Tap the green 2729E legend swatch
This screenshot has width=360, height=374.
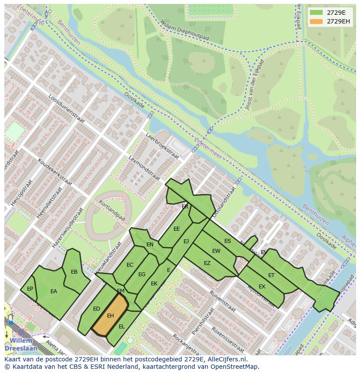(x=316, y=12)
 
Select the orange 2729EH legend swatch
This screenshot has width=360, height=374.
(x=316, y=21)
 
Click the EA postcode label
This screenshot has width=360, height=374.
(x=54, y=291)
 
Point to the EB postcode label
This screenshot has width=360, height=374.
(x=74, y=272)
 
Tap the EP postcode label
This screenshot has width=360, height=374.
(x=30, y=288)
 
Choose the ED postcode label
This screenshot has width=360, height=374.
(x=97, y=309)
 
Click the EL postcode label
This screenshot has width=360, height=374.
(x=122, y=326)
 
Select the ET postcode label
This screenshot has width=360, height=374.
(x=271, y=275)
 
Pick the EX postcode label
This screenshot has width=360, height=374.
(x=262, y=287)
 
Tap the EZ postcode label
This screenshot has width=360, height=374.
(x=207, y=263)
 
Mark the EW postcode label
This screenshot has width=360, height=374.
(x=216, y=251)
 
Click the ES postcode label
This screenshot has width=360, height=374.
(x=227, y=241)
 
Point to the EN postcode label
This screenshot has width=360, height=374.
(x=150, y=245)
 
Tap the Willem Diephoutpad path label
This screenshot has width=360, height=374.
(x=184, y=31)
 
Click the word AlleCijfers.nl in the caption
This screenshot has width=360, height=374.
(x=226, y=359)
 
